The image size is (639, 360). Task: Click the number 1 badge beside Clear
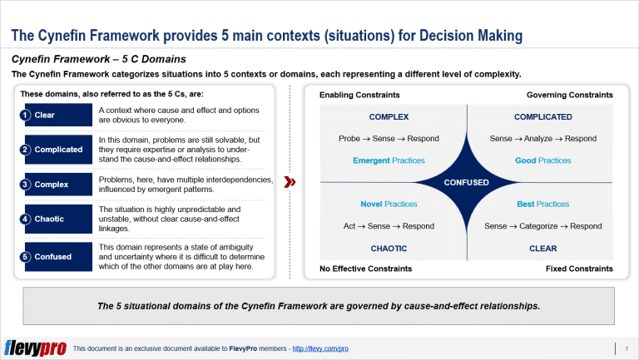(x=26, y=115)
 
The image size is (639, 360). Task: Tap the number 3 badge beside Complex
(x=26, y=185)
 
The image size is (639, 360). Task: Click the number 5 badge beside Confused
(x=26, y=257)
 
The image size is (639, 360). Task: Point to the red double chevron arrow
(x=289, y=181)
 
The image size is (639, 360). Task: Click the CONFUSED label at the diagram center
(x=467, y=181)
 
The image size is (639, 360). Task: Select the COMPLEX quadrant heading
(x=389, y=117)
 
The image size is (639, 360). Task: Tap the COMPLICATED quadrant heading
(x=542, y=117)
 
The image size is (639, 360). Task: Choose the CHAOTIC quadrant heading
(x=389, y=249)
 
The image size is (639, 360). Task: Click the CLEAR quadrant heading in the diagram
(x=542, y=249)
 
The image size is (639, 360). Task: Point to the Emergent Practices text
(x=389, y=160)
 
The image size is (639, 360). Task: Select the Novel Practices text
(x=389, y=204)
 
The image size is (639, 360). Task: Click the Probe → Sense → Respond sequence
(x=389, y=138)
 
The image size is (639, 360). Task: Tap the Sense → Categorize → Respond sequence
(x=542, y=226)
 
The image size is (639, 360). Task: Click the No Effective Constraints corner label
(x=365, y=269)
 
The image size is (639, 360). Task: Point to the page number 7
(x=626, y=348)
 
